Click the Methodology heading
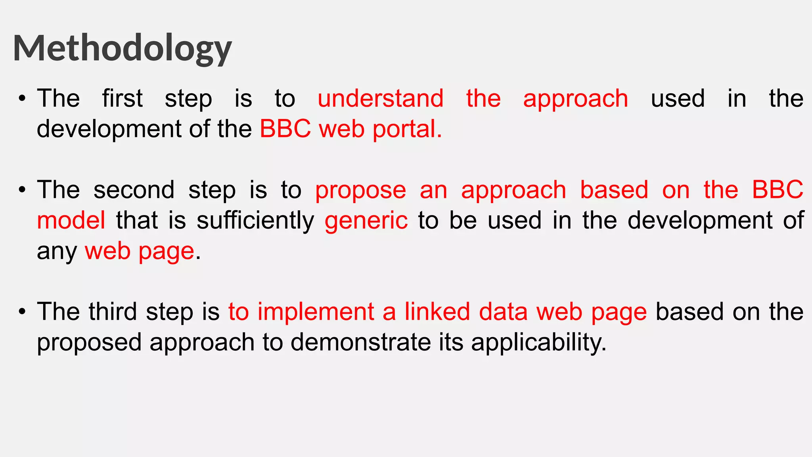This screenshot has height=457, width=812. click(122, 48)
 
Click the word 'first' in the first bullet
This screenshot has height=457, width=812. click(122, 98)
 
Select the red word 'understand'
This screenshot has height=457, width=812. click(380, 98)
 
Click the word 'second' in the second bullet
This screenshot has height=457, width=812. click(134, 190)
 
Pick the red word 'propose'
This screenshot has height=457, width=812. click(360, 190)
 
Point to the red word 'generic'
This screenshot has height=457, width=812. click(366, 221)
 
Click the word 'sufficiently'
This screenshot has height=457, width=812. click(255, 221)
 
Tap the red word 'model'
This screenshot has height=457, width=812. click(71, 221)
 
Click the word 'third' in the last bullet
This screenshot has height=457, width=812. click(113, 311)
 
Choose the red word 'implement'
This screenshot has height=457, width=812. click(316, 311)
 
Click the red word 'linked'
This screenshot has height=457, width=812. click(437, 311)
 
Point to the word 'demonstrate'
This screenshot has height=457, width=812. click(360, 342)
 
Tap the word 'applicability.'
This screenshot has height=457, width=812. click(538, 342)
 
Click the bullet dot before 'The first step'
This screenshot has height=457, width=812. click(22, 99)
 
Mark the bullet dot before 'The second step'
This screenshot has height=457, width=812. click(22, 190)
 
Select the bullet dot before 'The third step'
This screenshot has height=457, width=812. click(22, 312)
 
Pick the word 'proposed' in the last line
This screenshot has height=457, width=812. click(89, 343)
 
